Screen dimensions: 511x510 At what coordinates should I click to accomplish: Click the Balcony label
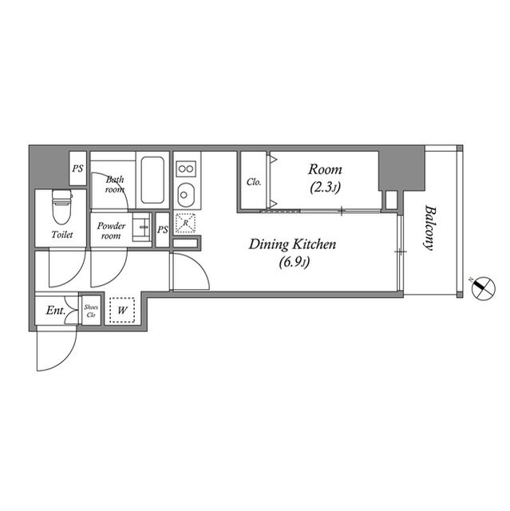(429, 229)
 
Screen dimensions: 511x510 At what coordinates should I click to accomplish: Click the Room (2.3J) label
(326, 177)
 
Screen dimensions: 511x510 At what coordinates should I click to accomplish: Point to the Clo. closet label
(254, 181)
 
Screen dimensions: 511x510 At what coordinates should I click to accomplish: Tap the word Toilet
(61, 236)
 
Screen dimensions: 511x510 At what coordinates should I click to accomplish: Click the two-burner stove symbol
(186, 168)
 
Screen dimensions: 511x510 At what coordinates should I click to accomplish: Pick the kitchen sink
(186, 194)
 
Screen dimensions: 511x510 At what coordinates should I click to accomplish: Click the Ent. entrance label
(55, 310)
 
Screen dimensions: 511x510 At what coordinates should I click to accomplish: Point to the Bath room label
(115, 184)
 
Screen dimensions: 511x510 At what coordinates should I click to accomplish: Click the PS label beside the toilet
(78, 168)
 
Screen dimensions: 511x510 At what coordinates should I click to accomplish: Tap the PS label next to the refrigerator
(163, 229)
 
